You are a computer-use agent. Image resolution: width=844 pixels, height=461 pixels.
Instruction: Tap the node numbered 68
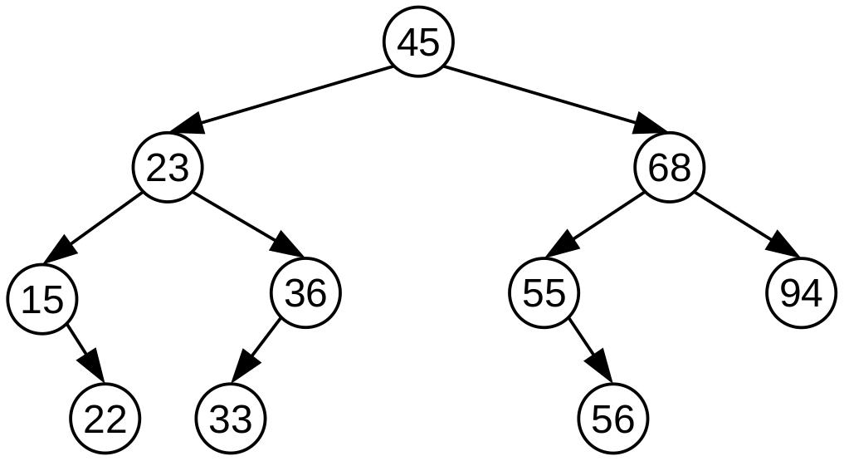tap(670, 169)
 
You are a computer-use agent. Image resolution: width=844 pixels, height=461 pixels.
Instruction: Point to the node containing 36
tap(305, 293)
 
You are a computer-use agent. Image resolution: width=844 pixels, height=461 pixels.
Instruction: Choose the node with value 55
tap(544, 293)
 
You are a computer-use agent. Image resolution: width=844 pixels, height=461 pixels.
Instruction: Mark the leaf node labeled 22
tap(105, 419)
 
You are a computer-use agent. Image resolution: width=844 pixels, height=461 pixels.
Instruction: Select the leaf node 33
tap(231, 419)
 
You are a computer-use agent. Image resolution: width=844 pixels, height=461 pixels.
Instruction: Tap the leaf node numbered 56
tap(613, 419)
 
